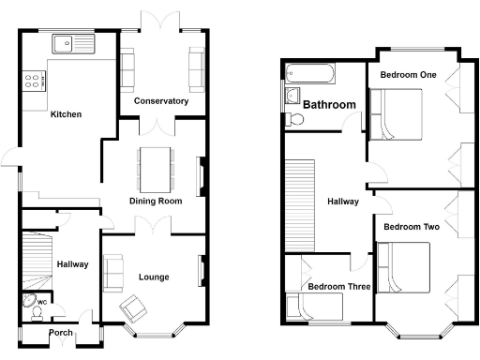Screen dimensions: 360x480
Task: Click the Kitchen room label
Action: [66, 114]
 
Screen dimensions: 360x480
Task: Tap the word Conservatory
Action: [160, 101]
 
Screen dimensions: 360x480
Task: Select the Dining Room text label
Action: [155, 201]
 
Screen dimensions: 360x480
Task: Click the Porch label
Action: [61, 332]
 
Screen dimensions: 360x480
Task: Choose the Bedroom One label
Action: [408, 74]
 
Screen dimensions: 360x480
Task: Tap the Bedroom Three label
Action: [338, 287]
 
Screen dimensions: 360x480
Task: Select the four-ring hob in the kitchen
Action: [34, 82]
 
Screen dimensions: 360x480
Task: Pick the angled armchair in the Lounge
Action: [133, 306]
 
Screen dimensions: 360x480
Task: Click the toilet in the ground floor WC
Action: [35, 304]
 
